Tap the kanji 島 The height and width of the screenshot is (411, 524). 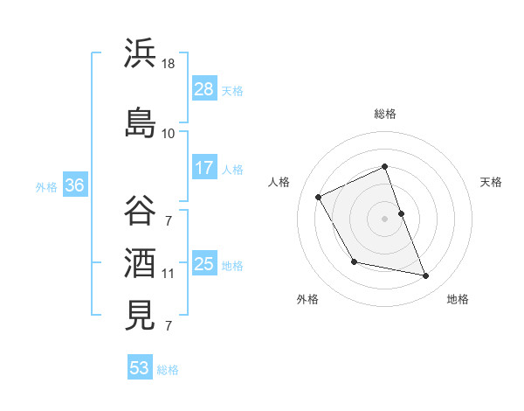(140, 123)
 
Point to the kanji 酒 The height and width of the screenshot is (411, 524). (140, 262)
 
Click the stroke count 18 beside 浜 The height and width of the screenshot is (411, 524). (169, 65)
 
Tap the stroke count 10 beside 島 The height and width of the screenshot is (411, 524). (169, 134)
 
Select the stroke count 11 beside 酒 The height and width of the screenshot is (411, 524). (169, 274)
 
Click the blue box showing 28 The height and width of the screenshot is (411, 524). (204, 89)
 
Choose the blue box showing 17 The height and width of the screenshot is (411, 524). (204, 168)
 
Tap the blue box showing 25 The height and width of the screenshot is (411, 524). (204, 264)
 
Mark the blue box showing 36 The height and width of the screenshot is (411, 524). (74, 185)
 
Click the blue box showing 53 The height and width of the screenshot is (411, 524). (140, 368)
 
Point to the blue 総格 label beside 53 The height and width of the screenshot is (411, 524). (168, 370)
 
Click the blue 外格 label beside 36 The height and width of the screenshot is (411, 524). (46, 186)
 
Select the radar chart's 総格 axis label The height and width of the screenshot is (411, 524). (385, 114)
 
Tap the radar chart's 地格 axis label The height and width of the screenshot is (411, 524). (458, 299)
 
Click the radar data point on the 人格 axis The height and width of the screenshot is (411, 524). (319, 197)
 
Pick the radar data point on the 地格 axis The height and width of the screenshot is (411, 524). (426, 276)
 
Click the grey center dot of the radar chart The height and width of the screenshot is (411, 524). (385, 219)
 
